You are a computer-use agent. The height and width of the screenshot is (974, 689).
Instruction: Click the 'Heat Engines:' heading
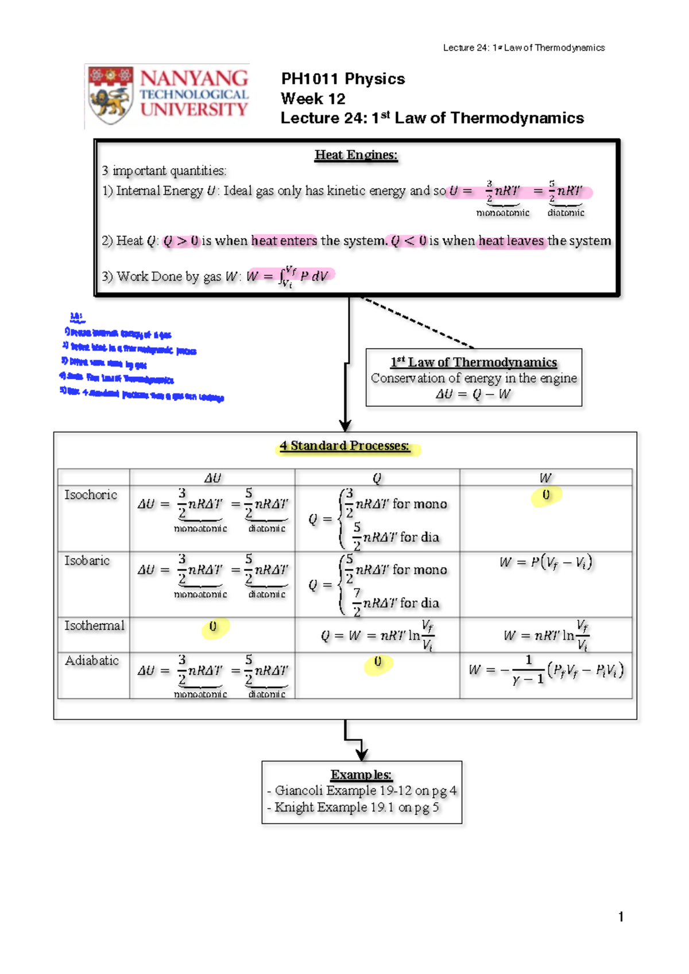coord(356,155)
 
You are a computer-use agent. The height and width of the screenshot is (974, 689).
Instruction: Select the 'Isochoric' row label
coord(91,495)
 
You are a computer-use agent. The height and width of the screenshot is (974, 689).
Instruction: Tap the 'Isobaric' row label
coord(87,561)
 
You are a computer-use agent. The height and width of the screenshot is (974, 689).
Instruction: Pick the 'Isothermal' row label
coord(94,625)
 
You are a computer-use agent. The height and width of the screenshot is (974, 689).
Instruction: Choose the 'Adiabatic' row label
coord(92,660)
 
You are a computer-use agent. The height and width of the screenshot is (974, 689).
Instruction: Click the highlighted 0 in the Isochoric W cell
coord(546,495)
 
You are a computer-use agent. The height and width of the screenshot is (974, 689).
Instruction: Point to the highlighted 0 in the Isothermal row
coord(213,627)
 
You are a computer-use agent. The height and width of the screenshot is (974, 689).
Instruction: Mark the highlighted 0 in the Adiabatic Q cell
coord(377,662)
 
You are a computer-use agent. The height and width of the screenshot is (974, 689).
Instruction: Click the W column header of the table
coord(545,478)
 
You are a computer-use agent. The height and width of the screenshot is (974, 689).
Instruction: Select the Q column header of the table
coord(377,478)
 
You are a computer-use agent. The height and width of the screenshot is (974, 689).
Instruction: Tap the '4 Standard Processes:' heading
coord(344,446)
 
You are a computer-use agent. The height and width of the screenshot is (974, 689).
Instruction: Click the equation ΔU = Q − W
coord(473,395)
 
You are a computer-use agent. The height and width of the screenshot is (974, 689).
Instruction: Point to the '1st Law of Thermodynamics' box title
coord(474,362)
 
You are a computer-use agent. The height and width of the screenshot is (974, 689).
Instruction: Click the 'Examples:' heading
coord(361,775)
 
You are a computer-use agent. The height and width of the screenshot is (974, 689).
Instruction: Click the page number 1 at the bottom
coord(621,917)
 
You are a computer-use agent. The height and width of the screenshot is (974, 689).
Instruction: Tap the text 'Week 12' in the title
coord(313,99)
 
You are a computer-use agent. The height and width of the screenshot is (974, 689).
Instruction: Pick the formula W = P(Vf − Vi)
coord(545,562)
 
